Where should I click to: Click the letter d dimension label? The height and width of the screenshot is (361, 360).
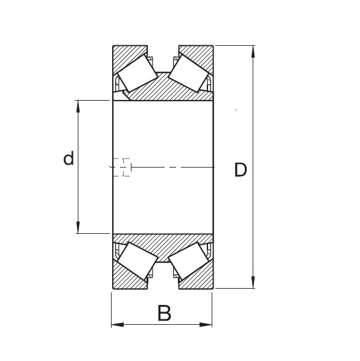pos(69,158)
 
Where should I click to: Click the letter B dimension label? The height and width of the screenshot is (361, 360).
pos(164,313)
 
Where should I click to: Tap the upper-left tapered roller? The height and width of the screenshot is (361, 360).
pos(137,73)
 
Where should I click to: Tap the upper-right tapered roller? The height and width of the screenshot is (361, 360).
pos(189,73)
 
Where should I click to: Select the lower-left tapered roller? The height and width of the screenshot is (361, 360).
pos(137,261)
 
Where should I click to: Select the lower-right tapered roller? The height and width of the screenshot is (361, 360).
pos(189,261)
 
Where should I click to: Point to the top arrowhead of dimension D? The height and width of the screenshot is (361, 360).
pos(253,51)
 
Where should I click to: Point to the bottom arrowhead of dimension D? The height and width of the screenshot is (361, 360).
pos(253,282)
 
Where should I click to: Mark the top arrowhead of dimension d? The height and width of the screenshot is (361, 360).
pos(78,106)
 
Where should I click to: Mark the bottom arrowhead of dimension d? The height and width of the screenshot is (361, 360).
pos(78,227)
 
